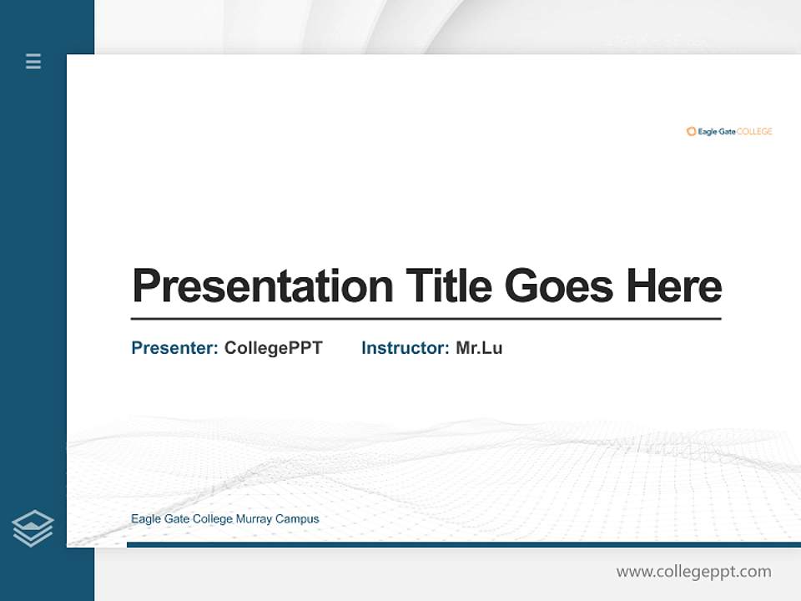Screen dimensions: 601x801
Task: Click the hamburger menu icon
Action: click(x=33, y=61)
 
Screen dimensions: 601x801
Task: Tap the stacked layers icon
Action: click(x=33, y=528)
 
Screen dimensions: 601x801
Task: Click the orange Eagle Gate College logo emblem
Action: click(x=691, y=131)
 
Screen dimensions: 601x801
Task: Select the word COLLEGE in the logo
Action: click(x=755, y=131)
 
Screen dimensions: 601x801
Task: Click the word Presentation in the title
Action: click(x=262, y=285)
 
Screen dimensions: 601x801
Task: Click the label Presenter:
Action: click(x=175, y=348)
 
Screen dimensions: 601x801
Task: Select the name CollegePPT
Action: click(x=273, y=348)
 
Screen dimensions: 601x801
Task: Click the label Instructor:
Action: click(x=406, y=348)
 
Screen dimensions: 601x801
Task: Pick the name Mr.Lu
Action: click(x=479, y=348)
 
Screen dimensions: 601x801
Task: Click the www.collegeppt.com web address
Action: click(x=693, y=572)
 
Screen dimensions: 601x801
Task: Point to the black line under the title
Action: click(x=426, y=319)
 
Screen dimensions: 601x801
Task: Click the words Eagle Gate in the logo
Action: click(x=717, y=131)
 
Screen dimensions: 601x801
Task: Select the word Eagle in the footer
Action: click(x=145, y=519)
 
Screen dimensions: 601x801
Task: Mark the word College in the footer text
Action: click(x=212, y=519)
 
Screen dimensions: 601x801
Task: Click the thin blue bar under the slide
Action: click(x=463, y=545)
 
